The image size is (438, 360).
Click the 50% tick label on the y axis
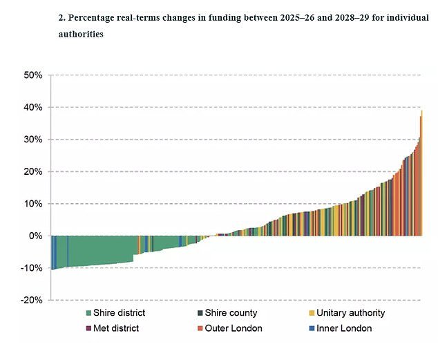pyautogui.click(x=32, y=75)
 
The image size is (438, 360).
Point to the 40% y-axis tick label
pyautogui.click(x=32, y=107)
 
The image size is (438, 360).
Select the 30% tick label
pyautogui.click(x=32, y=140)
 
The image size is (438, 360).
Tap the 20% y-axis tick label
pyautogui.click(x=32, y=171)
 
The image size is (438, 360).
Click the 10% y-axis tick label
pyautogui.click(x=32, y=204)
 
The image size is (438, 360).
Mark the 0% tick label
pyautogui.click(x=35, y=236)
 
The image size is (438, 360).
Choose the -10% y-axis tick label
pyautogui.click(x=31, y=268)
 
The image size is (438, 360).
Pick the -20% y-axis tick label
pyautogui.click(x=31, y=300)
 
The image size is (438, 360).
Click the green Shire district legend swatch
pyautogui.click(x=88, y=313)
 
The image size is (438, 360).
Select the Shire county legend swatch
pyautogui.click(x=199, y=313)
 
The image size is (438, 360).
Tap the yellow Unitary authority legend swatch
pyautogui.click(x=311, y=313)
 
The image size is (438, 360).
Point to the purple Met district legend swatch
pyautogui.click(x=88, y=328)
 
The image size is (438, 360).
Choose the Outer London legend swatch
pyautogui.click(x=199, y=328)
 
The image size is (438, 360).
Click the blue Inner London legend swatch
pyautogui.click(x=311, y=328)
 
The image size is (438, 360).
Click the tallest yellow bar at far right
pyautogui.click(x=421, y=173)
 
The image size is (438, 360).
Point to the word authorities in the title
pyautogui.click(x=82, y=33)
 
